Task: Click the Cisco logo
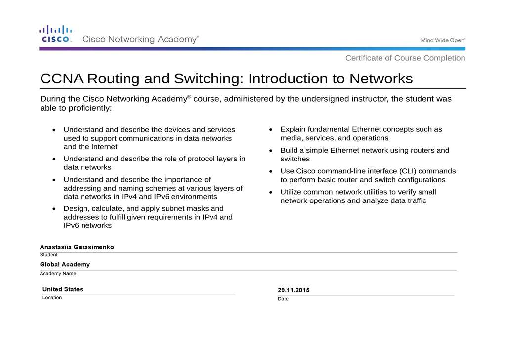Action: pos(56,35)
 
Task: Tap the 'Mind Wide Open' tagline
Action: pos(443,40)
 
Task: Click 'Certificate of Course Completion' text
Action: pos(405,58)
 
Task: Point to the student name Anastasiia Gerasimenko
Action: pos(77,247)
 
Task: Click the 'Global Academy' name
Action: pos(65,265)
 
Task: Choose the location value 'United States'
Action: pos(63,289)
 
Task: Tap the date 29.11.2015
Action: pos(294,290)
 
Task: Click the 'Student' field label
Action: pos(49,255)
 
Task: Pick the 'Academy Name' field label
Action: pos(58,273)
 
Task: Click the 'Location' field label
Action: pos(52,297)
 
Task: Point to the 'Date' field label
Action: pos(283,299)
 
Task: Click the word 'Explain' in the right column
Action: pos(294,129)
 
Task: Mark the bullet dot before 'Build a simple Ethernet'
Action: pos(271,150)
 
